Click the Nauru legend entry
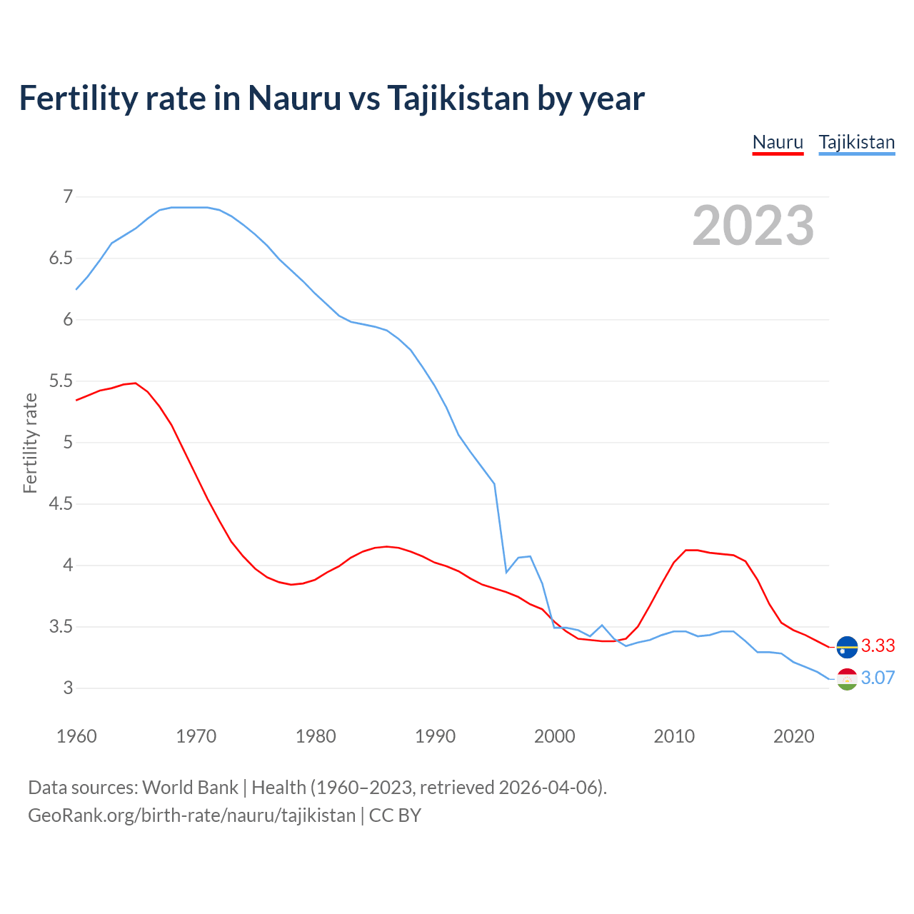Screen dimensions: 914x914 tap(778, 142)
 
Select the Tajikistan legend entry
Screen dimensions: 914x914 tap(856, 142)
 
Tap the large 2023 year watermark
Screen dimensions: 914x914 tap(753, 226)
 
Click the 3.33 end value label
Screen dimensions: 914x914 tap(878, 646)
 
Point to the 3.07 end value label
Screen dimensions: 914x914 tap(878, 678)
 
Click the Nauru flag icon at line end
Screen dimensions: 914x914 tap(847, 646)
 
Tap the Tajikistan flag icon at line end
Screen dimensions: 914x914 tap(847, 679)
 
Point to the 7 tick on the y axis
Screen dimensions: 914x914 tap(68, 196)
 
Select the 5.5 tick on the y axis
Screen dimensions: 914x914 tap(61, 381)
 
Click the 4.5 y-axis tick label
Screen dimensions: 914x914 tap(61, 504)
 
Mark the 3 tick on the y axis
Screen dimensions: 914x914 tap(68, 688)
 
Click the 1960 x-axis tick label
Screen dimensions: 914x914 tap(76, 736)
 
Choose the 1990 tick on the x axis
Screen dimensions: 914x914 tap(435, 736)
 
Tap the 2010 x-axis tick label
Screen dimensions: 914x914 tap(674, 736)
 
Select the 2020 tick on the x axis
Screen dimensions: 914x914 tap(793, 736)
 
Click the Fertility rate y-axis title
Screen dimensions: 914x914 tap(30, 443)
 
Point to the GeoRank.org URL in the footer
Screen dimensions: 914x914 tap(191, 815)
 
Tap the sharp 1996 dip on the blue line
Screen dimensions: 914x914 tap(506, 572)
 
